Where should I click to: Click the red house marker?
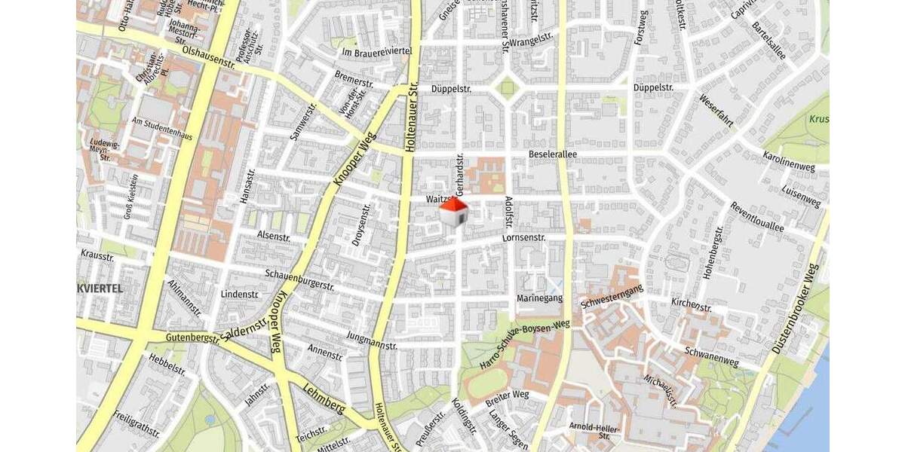[453, 212]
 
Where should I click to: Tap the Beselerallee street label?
[552, 154]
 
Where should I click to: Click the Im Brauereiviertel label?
[376, 51]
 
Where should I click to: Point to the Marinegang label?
[539, 298]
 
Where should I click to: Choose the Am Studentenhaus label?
[162, 129]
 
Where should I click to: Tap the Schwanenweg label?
[711, 357]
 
